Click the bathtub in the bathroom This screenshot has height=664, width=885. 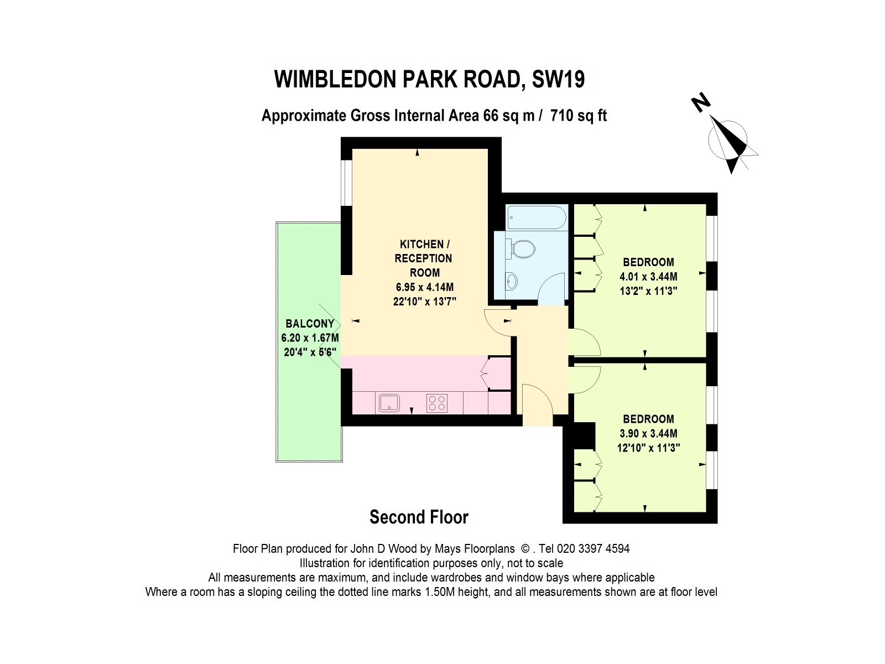click(x=536, y=217)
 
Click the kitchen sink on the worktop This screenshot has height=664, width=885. click(x=389, y=403)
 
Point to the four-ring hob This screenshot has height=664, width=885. click(x=436, y=403)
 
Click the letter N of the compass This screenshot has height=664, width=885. click(x=701, y=102)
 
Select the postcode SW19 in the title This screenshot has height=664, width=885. click(x=559, y=79)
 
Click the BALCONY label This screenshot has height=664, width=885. click(x=310, y=323)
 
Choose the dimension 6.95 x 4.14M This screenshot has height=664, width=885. click(x=425, y=287)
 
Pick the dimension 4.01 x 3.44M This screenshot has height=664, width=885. click(x=648, y=277)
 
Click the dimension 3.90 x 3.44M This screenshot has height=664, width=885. click(x=648, y=433)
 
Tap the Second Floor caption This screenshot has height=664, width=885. click(x=419, y=517)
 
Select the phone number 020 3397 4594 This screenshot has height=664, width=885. click(x=593, y=549)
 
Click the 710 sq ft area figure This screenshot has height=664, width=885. click(x=579, y=116)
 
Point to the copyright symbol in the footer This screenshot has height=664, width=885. click(x=525, y=549)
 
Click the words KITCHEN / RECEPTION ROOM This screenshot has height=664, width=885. click(x=424, y=258)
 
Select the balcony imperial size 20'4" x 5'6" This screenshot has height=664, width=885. click(x=310, y=352)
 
